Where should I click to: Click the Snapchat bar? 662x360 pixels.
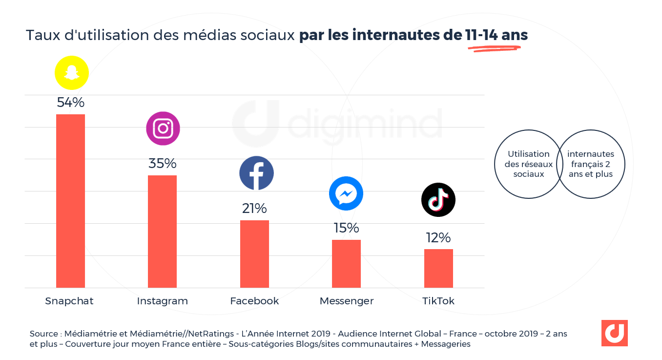click(x=70, y=201)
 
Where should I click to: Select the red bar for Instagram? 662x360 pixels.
click(x=162, y=231)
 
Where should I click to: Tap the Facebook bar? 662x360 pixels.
click(x=254, y=254)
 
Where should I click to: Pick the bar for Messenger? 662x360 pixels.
click(x=346, y=263)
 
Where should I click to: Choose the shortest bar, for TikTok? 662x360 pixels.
click(x=438, y=268)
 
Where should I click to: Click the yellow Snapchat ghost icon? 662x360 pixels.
click(x=72, y=73)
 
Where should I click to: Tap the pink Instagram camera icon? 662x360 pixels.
click(x=163, y=128)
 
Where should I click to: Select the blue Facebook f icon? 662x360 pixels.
click(x=256, y=173)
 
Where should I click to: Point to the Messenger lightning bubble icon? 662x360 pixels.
click(x=346, y=194)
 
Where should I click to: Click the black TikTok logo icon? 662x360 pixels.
click(x=438, y=200)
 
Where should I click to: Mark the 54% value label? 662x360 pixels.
click(x=71, y=103)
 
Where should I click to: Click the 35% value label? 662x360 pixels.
click(x=163, y=164)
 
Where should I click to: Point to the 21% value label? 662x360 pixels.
click(x=254, y=209)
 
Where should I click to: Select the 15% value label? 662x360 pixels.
click(x=346, y=228)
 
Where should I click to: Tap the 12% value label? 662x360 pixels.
click(x=438, y=238)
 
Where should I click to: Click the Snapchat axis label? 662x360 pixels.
click(x=69, y=301)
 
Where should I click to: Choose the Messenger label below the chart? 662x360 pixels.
click(x=347, y=301)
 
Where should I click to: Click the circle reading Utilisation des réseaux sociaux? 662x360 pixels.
click(x=528, y=164)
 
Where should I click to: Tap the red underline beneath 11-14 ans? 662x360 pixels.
click(x=494, y=48)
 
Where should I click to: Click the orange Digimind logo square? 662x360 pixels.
click(x=614, y=333)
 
